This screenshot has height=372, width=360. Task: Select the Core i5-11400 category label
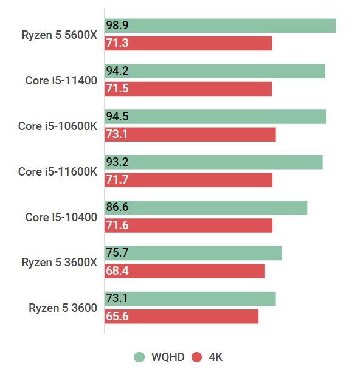61,80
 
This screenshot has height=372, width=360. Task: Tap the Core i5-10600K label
57,126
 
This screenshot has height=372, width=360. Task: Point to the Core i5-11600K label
57,171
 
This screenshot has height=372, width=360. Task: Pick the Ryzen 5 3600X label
59,262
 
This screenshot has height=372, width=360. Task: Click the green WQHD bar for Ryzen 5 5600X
220,26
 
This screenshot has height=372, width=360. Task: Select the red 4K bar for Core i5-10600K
190,134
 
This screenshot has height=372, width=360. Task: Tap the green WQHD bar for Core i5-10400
206,207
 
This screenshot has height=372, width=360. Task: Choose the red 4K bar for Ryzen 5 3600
181,316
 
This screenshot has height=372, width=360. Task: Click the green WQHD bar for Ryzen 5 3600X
193,253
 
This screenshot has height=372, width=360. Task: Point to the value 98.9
117,26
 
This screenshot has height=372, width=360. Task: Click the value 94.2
117,71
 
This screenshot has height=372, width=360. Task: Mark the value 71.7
117,180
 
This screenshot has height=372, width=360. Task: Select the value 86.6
117,207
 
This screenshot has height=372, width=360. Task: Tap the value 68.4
117,271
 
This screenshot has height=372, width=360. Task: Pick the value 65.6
117,316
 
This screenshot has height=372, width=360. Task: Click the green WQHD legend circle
139,357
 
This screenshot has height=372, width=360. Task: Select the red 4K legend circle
196,357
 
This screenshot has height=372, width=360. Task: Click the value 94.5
117,117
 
